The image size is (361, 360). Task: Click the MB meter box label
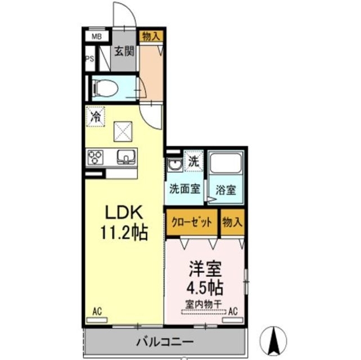[x=97, y=37]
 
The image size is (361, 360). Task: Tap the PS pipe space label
[x=90, y=58]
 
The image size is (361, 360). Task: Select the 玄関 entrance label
[x=124, y=52]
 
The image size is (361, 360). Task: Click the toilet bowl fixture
[x=105, y=87]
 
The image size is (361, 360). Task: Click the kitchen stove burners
[x=95, y=156]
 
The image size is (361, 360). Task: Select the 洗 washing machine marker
[x=193, y=159]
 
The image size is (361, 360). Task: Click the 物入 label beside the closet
[x=232, y=222]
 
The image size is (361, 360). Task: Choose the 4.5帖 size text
[x=204, y=286]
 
